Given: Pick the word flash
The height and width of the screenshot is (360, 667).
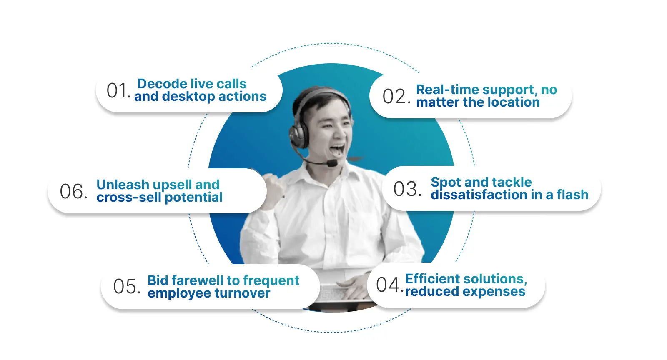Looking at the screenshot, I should pyautogui.click(x=572, y=195).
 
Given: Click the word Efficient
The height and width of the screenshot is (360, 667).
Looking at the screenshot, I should pyautogui.click(x=432, y=278).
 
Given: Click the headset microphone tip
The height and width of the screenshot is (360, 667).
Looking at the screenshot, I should pyautogui.click(x=332, y=163).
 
